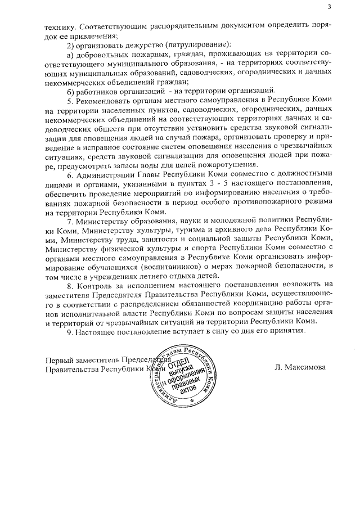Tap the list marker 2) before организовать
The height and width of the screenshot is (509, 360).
pos(71,44)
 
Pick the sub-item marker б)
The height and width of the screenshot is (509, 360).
pos(71,91)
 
